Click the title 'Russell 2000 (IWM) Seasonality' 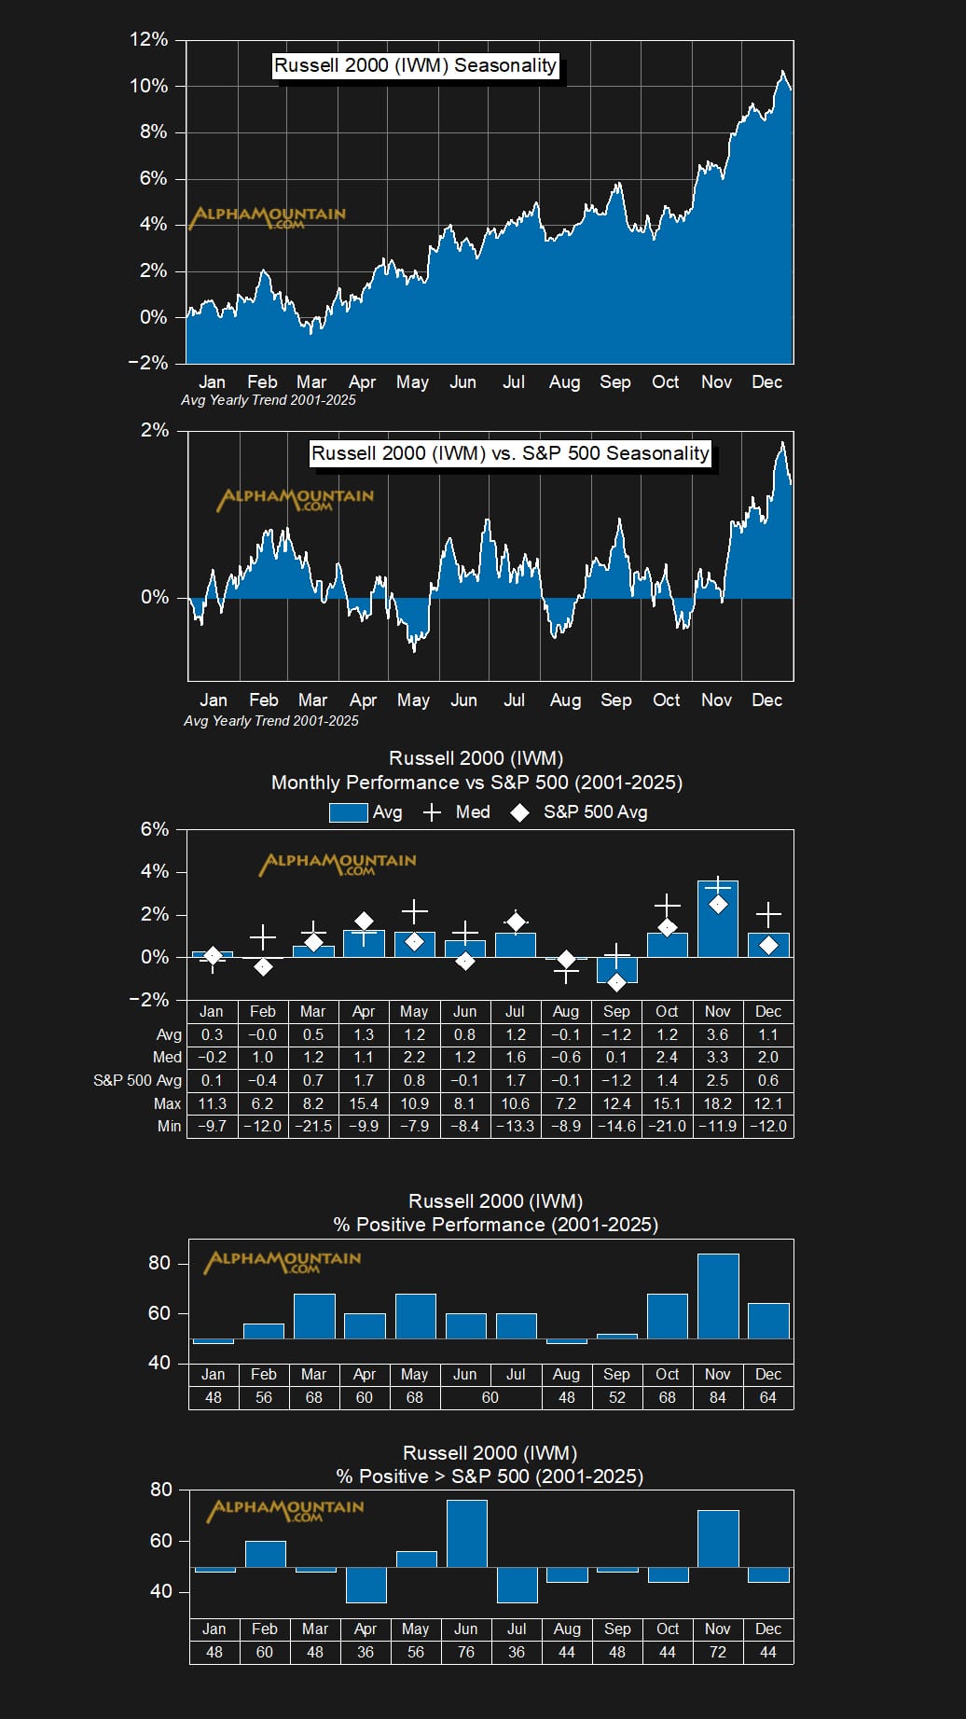click(416, 65)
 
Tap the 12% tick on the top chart click(149, 40)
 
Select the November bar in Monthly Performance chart click(718, 919)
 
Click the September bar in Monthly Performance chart click(616, 970)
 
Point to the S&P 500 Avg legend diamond click(519, 812)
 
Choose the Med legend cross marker click(432, 812)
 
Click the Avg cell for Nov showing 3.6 click(718, 1034)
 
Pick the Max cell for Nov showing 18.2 click(718, 1103)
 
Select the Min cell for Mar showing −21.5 click(313, 1126)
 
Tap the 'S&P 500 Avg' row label click(137, 1080)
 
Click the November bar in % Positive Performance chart click(718, 1296)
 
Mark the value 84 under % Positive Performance click(718, 1397)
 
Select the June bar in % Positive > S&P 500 click(466, 1533)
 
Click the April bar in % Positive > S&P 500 click(366, 1585)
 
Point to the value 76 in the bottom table click(466, 1652)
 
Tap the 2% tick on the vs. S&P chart click(155, 431)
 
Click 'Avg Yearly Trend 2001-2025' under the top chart click(269, 400)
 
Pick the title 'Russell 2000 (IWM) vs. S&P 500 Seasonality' click(510, 453)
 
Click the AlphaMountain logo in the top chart click(268, 216)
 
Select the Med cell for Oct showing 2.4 click(667, 1057)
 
